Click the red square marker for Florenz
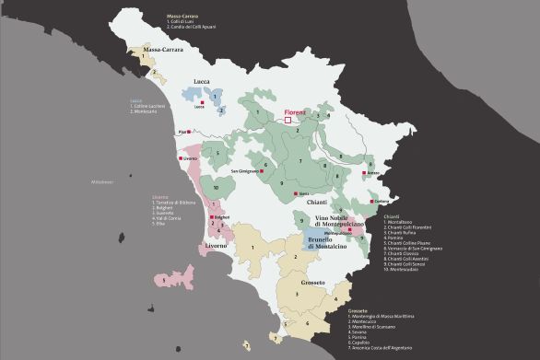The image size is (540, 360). tap(288, 119)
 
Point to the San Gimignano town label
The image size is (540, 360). tap(246, 171)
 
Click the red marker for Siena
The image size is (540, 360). tap(292, 192)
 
